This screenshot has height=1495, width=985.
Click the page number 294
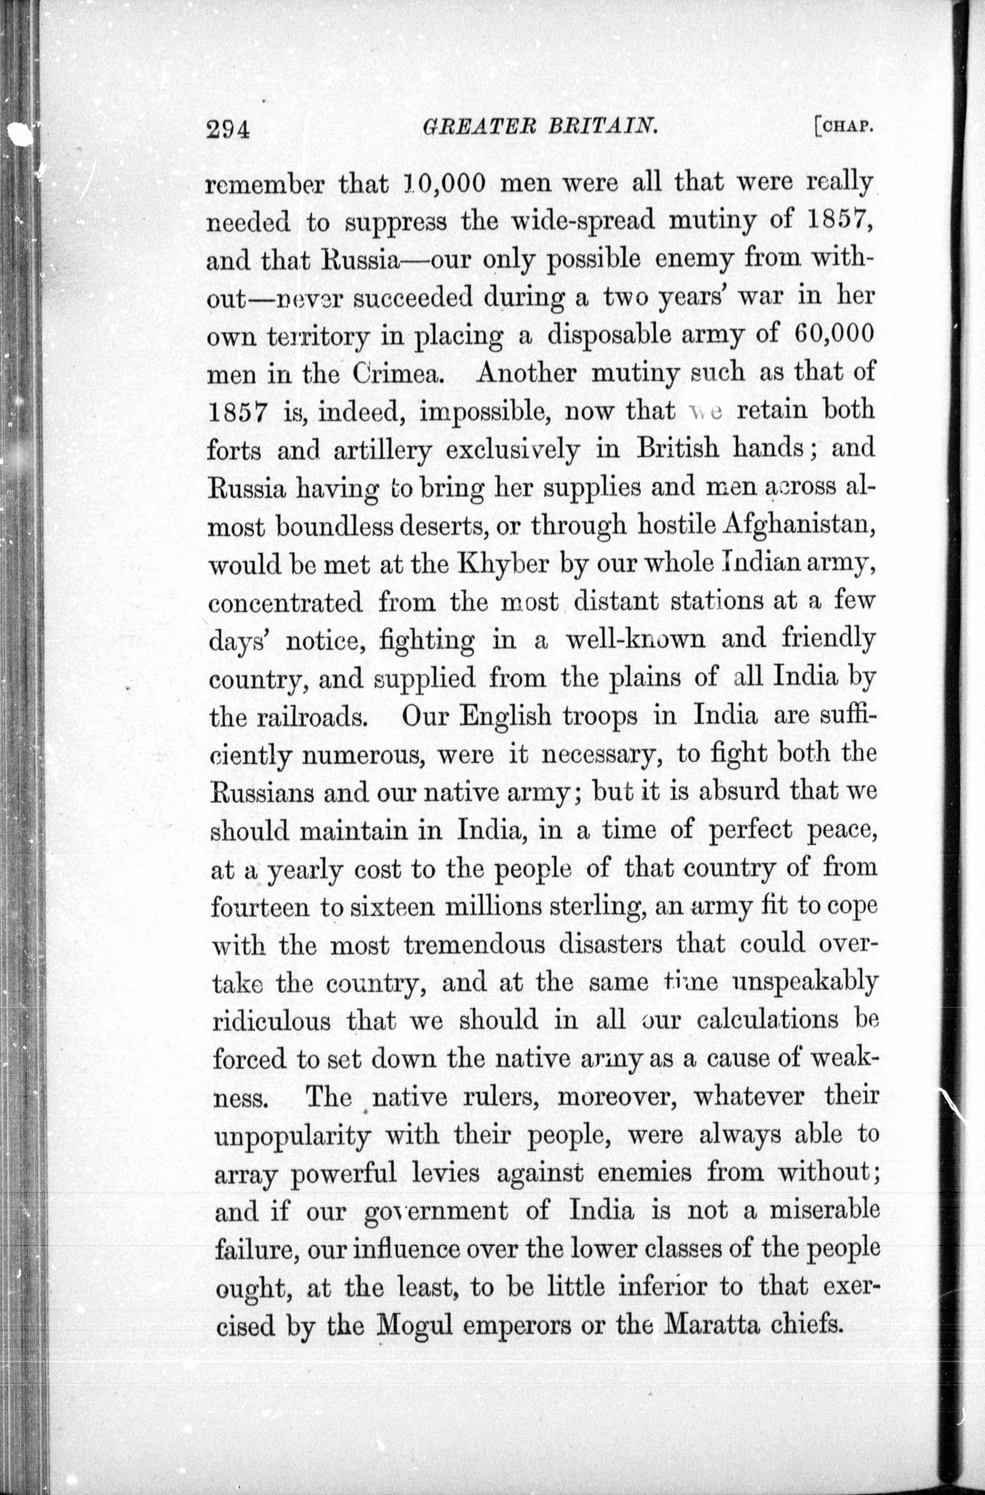(x=228, y=129)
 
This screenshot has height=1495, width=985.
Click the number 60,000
(x=834, y=334)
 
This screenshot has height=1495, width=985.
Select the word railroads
(x=312, y=717)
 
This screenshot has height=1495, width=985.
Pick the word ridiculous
(x=272, y=1021)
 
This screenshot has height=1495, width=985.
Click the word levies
(x=446, y=1173)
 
